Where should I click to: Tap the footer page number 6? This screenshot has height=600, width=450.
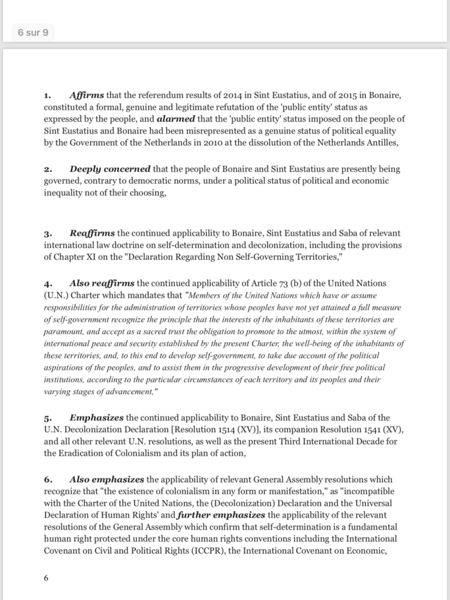[46, 578]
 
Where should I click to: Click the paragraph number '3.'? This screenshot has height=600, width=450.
[49, 234]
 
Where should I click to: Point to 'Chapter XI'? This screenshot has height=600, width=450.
[91, 257]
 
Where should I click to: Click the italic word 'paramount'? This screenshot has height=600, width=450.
[65, 332]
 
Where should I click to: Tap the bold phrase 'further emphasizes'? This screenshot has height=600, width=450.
[220, 515]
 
